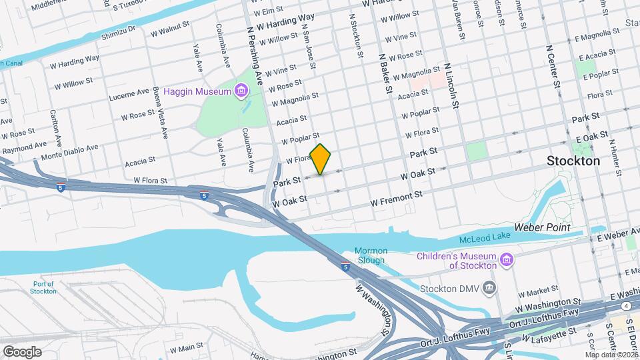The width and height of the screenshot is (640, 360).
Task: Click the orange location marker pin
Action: [x=321, y=159]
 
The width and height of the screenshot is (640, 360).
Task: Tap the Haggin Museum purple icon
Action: [x=241, y=89]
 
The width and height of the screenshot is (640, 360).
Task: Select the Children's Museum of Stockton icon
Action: [x=507, y=259]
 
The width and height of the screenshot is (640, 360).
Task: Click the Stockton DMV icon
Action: [x=490, y=288]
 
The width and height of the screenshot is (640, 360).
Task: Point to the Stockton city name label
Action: [x=573, y=161]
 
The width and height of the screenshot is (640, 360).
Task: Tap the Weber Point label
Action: [x=543, y=227]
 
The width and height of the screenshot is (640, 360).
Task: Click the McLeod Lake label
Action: [x=486, y=239]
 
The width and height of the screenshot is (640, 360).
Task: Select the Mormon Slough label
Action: [x=370, y=255]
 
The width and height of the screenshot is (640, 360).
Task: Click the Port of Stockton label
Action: [x=44, y=287]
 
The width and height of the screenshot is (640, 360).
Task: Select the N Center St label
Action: [x=553, y=71]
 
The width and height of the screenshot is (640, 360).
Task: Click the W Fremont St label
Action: [x=397, y=197]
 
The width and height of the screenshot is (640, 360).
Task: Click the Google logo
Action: [x=22, y=352]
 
